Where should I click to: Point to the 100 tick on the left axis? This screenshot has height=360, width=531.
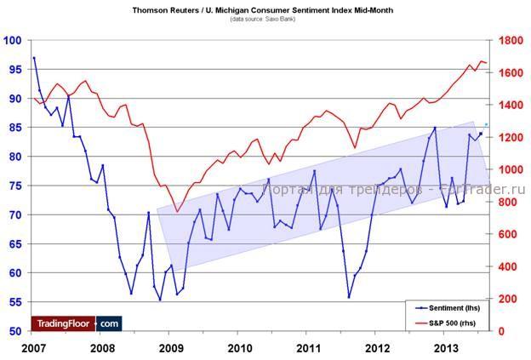[x=13, y=40]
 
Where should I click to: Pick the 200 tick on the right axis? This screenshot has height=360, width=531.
[x=508, y=299]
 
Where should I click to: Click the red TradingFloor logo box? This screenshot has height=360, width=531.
[x=63, y=323]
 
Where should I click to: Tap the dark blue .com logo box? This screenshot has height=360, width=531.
[x=109, y=323]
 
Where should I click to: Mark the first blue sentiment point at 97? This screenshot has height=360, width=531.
[x=34, y=58]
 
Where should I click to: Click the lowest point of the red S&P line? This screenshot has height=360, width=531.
[x=177, y=211]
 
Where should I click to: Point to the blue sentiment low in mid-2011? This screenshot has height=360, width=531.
[x=349, y=297]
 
